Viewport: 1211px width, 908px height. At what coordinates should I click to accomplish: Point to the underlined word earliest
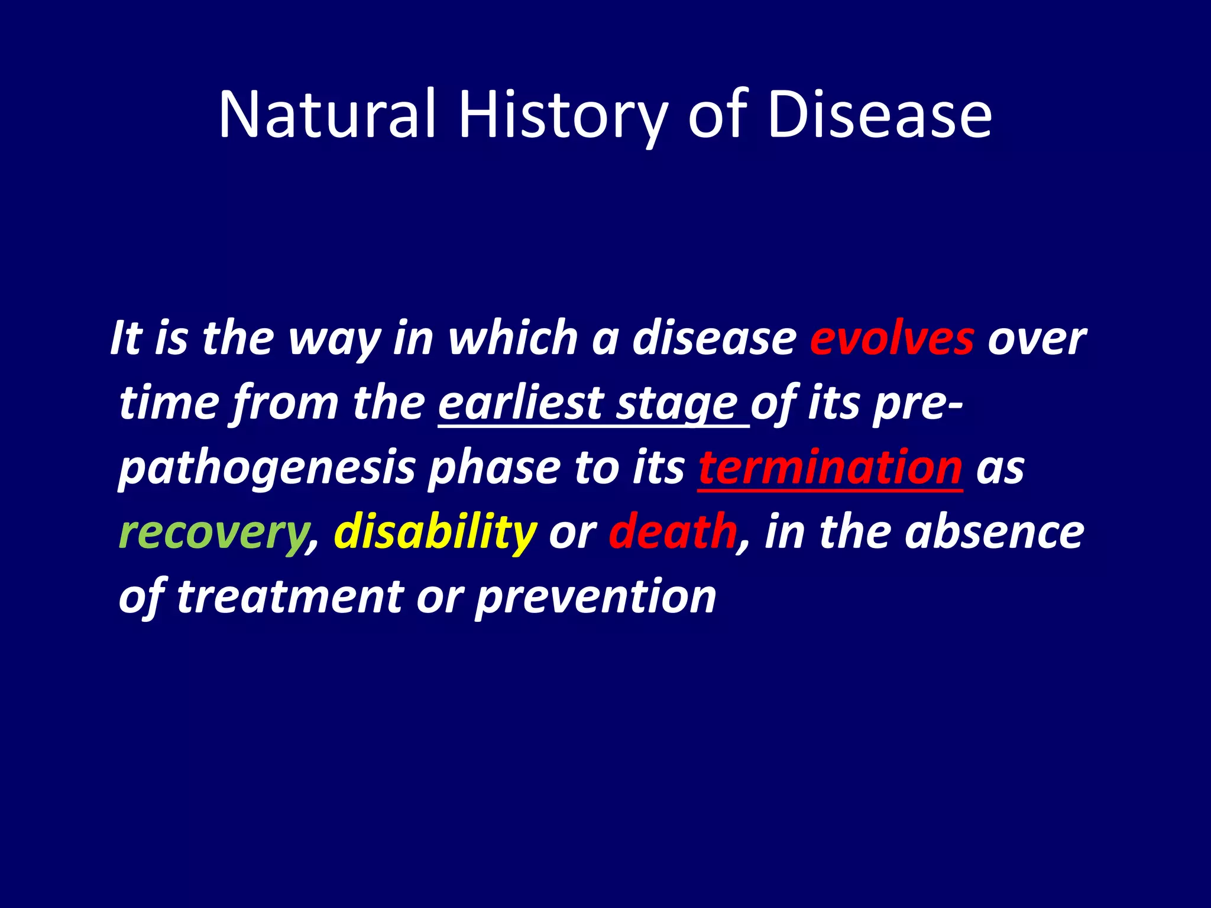(520, 403)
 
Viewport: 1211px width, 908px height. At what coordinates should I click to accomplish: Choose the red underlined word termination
(830, 468)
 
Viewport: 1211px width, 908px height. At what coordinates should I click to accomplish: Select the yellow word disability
(435, 532)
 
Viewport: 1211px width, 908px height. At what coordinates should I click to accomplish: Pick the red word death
(673, 532)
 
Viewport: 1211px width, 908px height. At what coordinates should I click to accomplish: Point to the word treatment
(290, 596)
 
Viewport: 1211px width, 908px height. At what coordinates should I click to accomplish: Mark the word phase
(494, 468)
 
